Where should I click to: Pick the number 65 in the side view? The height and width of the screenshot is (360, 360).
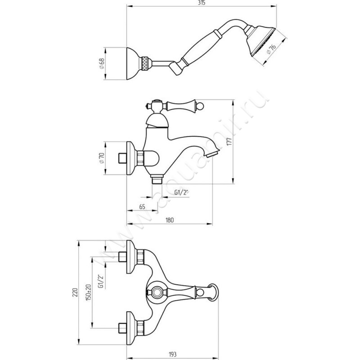[x=142, y=207]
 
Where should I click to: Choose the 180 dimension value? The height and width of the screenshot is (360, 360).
[x=169, y=220]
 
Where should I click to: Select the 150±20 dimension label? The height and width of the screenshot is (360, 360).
[x=90, y=292]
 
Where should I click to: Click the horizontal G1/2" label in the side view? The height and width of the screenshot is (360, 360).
[x=181, y=192]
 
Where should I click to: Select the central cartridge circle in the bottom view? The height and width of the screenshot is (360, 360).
[x=157, y=292]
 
